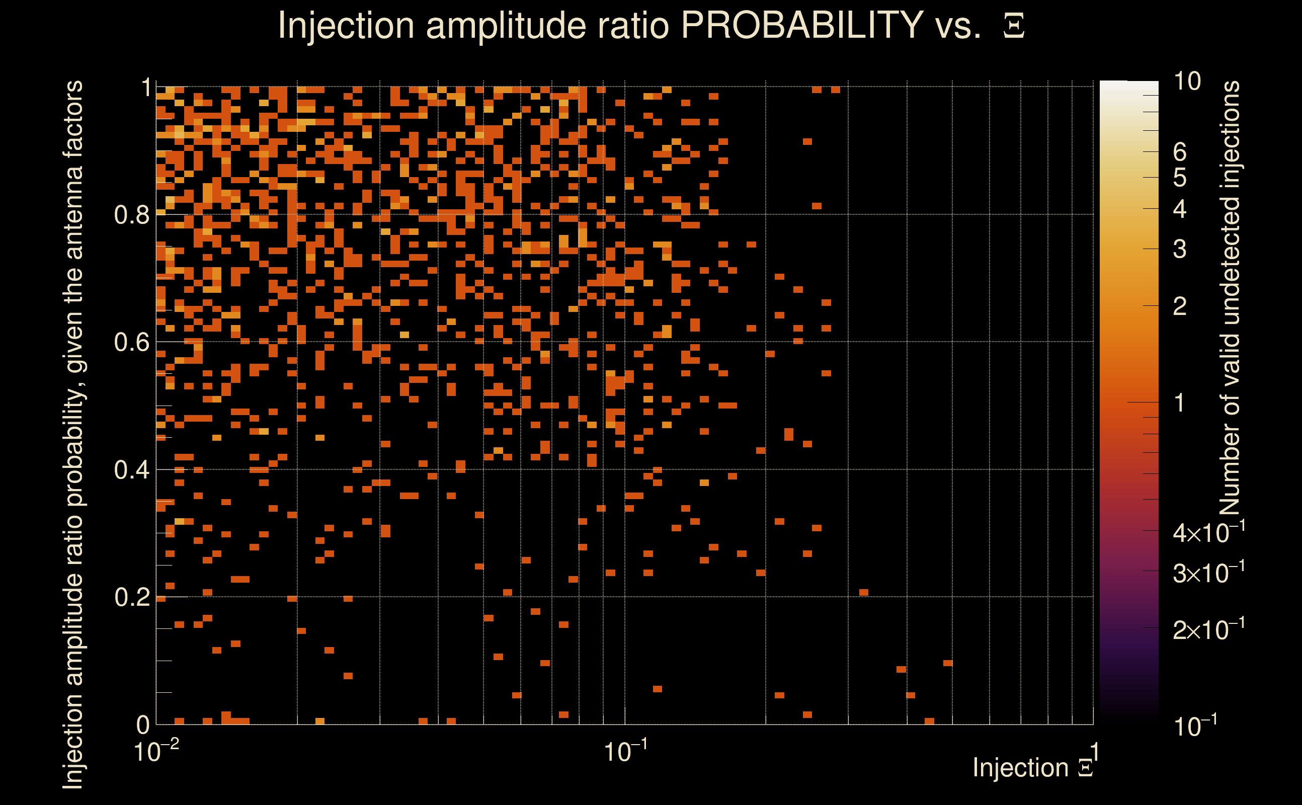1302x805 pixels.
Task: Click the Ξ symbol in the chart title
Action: (1014, 26)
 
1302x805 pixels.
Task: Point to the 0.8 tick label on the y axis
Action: (131, 215)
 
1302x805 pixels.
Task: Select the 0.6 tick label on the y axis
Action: (131, 342)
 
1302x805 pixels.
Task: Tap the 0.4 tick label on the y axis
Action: (131, 470)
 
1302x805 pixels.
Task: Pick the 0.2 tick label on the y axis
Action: (131, 597)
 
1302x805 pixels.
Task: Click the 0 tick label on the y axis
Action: (143, 725)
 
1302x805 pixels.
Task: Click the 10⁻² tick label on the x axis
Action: (156, 752)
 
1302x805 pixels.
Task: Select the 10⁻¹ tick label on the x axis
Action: (625, 752)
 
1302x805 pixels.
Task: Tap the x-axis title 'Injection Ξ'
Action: (1033, 768)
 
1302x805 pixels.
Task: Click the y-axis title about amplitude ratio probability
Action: (73, 434)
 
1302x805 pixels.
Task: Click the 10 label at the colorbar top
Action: (1186, 82)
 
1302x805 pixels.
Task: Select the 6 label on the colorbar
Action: (1180, 152)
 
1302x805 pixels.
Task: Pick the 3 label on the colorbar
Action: (1180, 249)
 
